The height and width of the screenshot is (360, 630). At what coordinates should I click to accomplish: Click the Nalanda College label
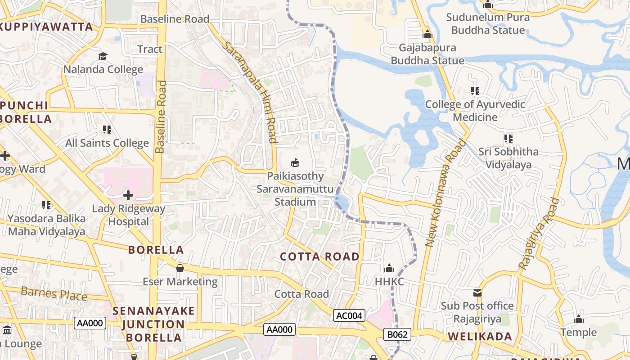[103, 70]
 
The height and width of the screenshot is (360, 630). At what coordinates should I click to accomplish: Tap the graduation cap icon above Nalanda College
[103, 56]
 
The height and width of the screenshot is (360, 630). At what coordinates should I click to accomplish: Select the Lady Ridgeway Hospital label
[129, 215]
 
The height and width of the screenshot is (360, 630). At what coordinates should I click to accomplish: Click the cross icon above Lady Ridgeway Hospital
[128, 195]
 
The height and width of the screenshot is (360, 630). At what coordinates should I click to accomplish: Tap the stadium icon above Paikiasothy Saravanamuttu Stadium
[296, 162]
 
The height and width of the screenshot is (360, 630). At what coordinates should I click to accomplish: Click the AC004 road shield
[349, 315]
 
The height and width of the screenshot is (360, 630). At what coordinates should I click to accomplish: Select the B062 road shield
[397, 334]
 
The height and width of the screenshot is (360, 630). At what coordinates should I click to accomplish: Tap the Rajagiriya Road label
[538, 234]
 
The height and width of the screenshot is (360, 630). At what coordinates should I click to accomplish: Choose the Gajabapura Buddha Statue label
[427, 54]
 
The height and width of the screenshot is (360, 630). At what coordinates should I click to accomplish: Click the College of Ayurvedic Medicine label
[475, 111]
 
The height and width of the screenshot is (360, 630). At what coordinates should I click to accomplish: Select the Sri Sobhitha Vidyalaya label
[508, 158]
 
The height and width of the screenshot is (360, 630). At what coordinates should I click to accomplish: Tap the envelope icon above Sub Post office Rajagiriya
[477, 293]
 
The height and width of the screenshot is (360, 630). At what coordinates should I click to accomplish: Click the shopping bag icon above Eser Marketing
[180, 269]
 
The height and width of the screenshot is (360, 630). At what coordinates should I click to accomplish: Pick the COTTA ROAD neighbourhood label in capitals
[319, 257]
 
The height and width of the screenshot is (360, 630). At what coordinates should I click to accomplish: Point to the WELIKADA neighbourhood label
[480, 337]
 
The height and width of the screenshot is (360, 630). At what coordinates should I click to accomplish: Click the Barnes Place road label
[54, 293]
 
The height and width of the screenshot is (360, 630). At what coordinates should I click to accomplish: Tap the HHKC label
[390, 282]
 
